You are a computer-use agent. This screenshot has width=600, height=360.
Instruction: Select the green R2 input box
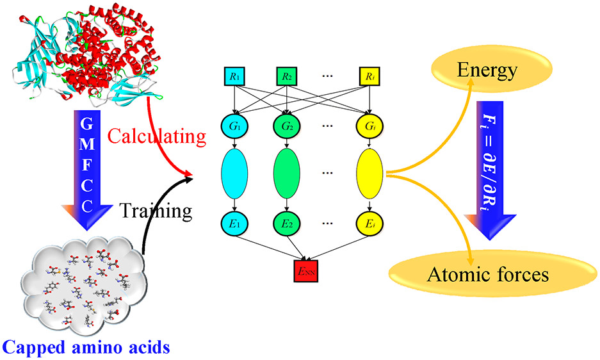click(x=287, y=78)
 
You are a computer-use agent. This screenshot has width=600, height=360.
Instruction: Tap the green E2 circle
click(x=287, y=225)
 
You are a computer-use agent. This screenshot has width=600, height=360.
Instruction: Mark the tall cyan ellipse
click(x=233, y=174)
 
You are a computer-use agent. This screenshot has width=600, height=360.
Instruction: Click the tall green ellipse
click(x=287, y=174)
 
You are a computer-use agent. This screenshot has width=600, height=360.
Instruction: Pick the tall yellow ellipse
click(x=371, y=174)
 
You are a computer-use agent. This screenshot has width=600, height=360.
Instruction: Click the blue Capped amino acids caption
click(x=85, y=348)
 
